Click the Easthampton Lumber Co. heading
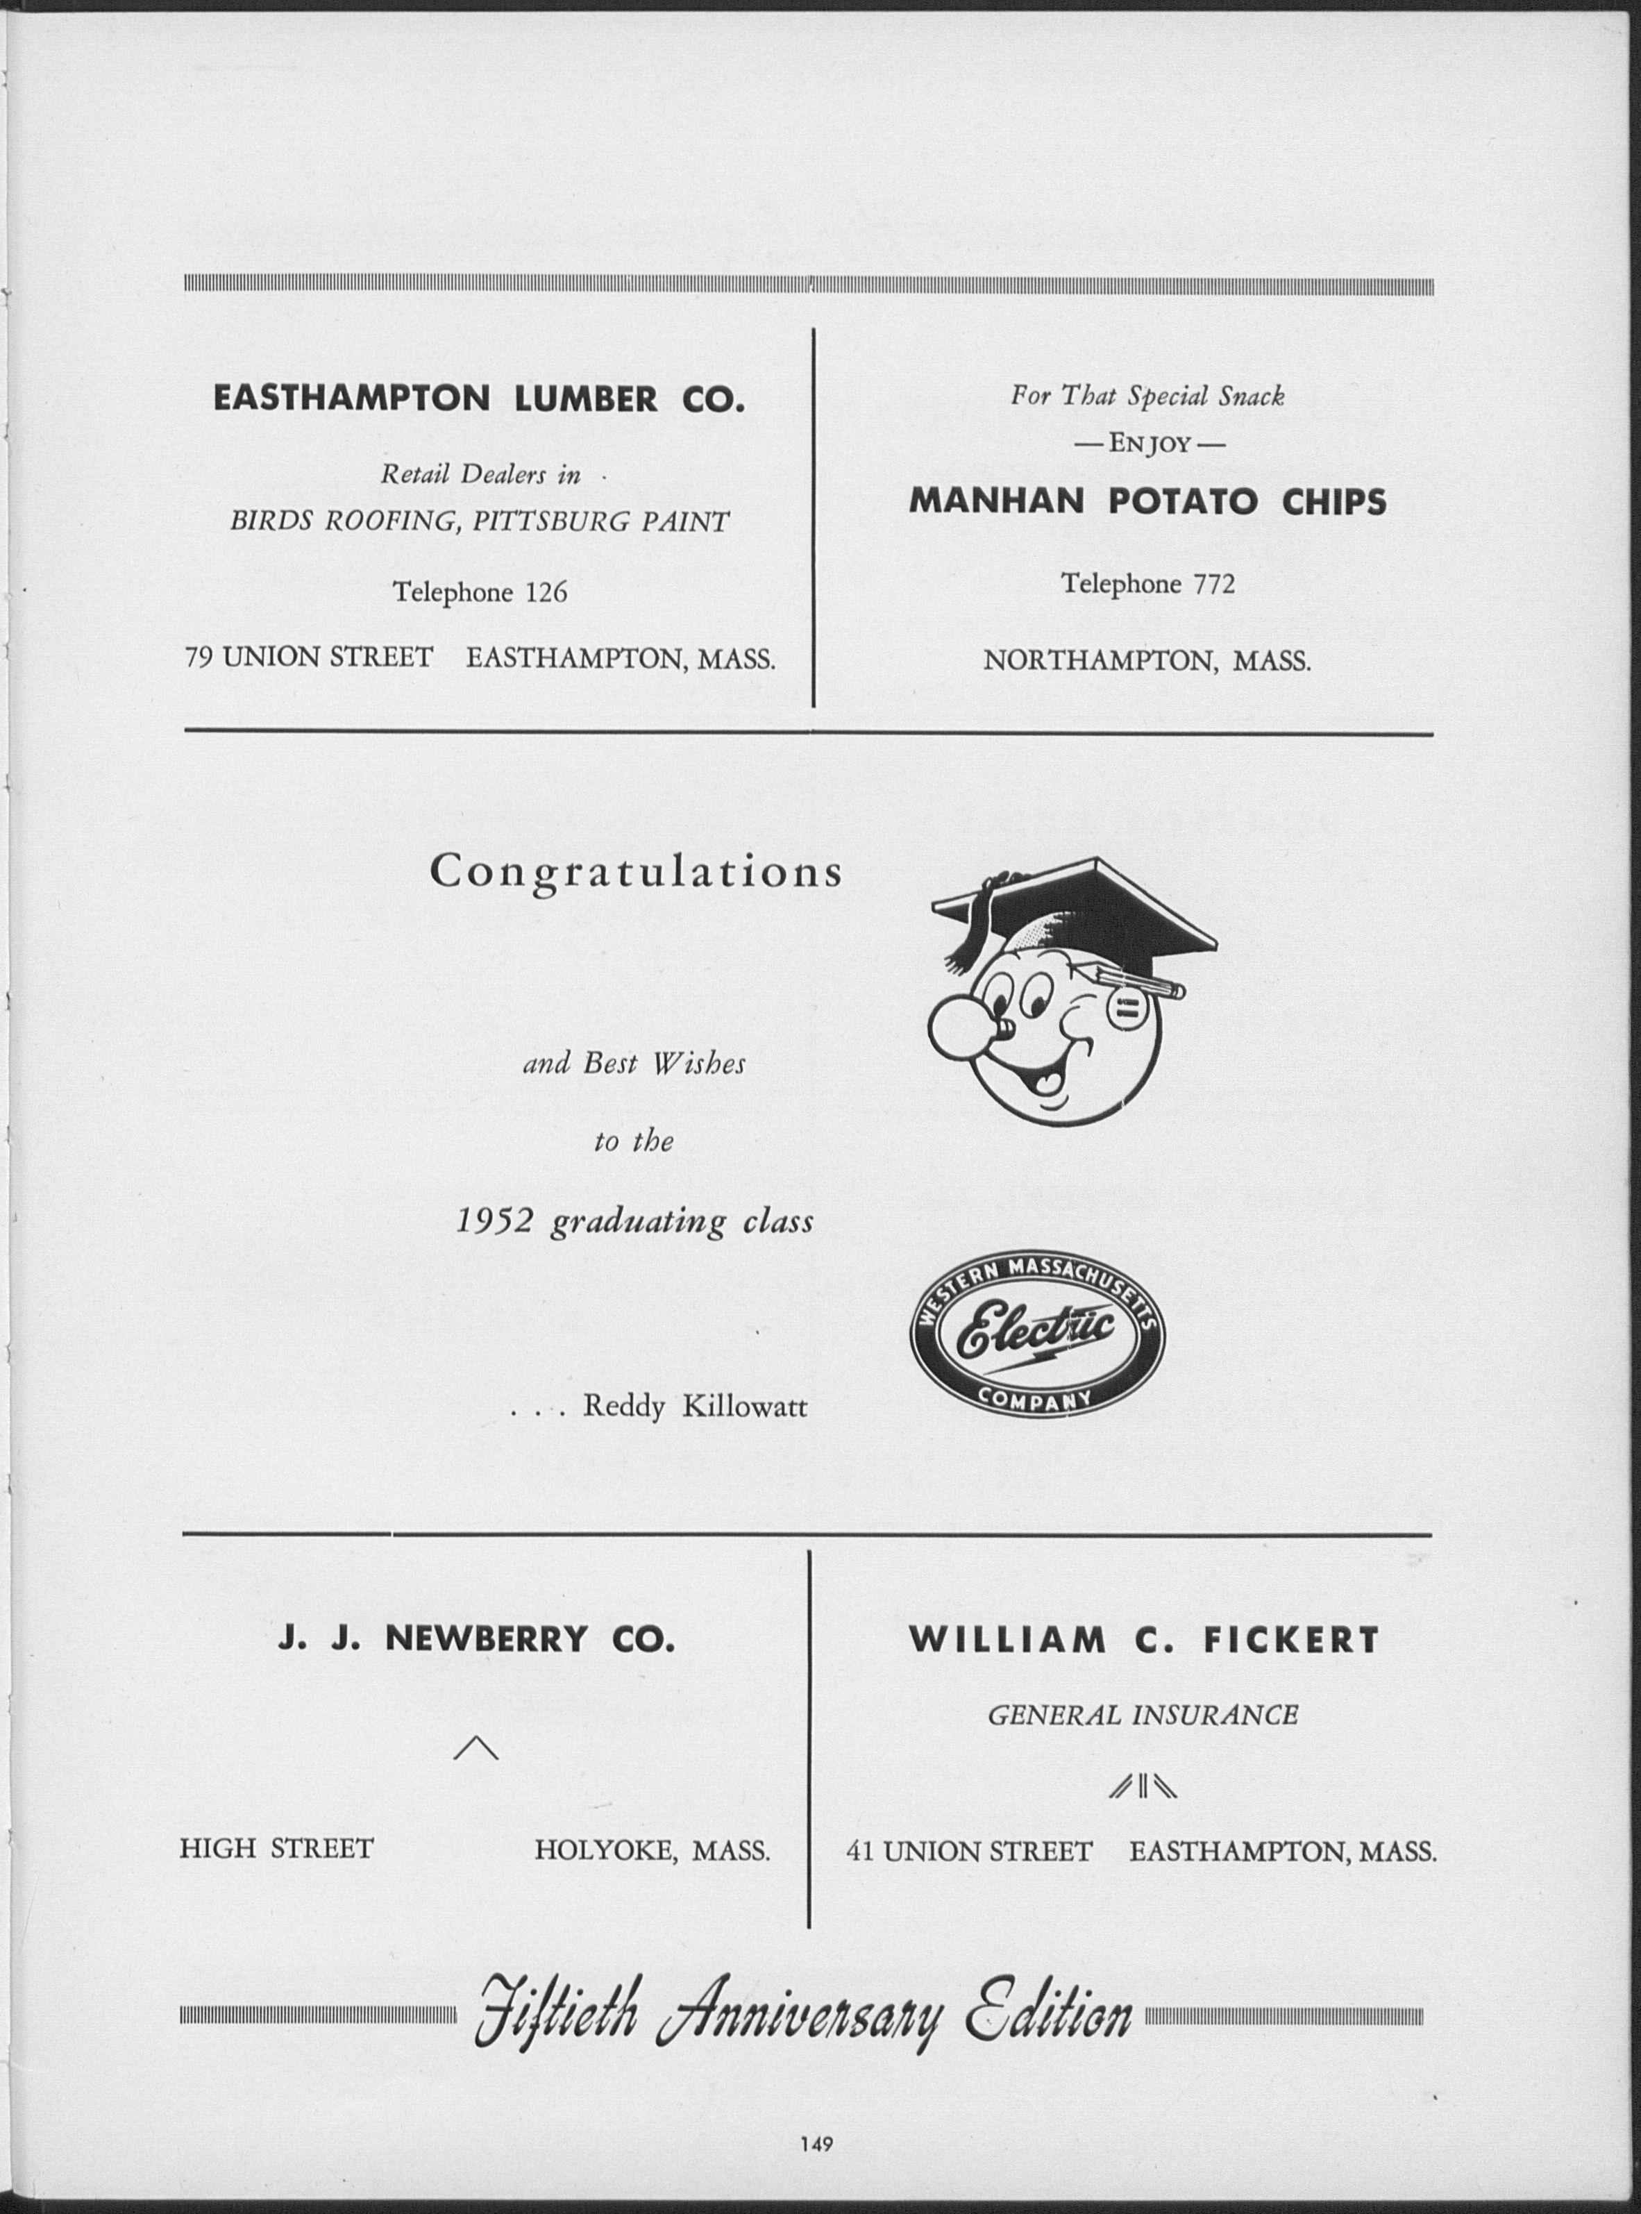point(479,399)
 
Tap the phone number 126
point(546,593)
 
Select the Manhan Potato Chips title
point(1147,501)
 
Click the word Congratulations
point(636,872)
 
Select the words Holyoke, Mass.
point(652,1850)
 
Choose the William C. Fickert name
point(1145,1639)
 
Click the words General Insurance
point(1143,1716)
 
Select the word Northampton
point(1100,660)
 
